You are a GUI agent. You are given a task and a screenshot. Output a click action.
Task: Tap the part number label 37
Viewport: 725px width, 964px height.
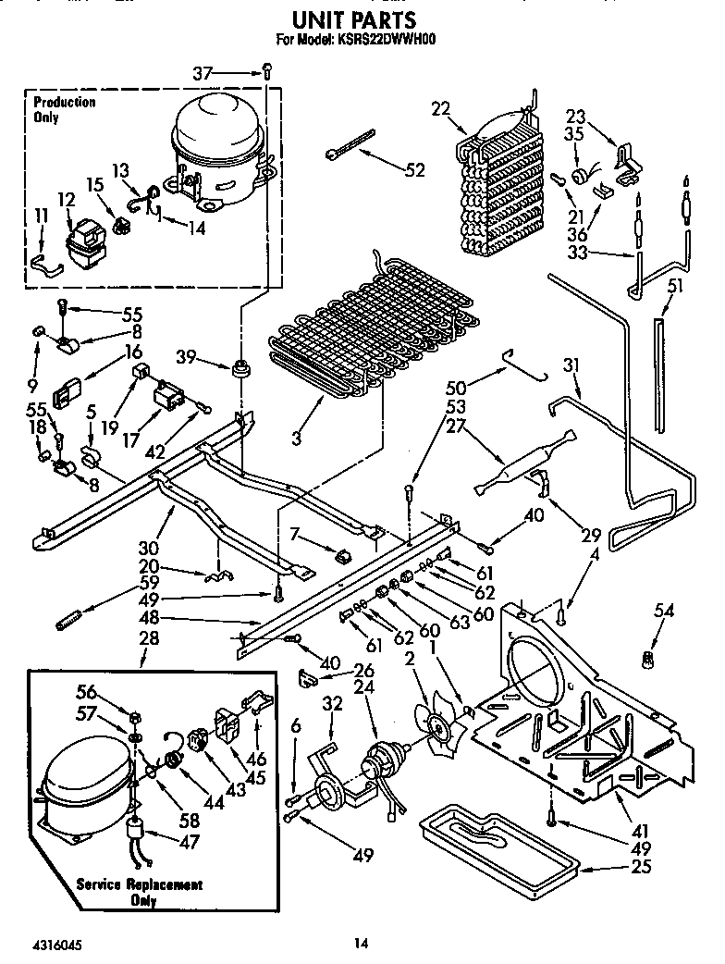coord(228,73)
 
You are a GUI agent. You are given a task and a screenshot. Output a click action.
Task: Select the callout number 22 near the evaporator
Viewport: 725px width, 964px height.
coord(439,109)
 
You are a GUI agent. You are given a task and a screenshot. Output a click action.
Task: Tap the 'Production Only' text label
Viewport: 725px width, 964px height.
coord(64,109)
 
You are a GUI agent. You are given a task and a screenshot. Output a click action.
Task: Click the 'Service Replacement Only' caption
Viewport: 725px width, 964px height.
coord(141,892)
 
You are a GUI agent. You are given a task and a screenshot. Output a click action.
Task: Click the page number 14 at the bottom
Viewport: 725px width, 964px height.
coord(361,944)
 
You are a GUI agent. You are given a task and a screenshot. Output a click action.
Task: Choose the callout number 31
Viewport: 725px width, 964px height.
coord(571,366)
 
